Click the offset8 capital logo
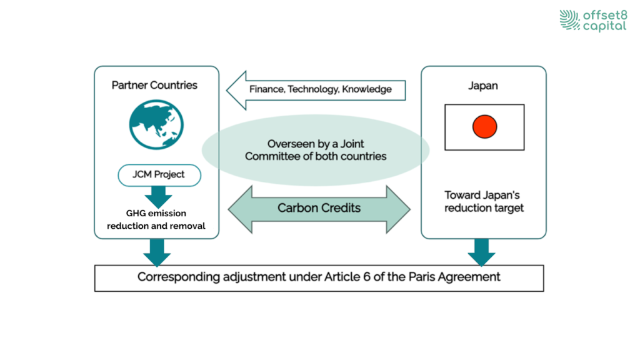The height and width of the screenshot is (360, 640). tap(592, 20)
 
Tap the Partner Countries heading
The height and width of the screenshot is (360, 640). tap(154, 85)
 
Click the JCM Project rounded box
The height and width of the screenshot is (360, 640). tap(159, 175)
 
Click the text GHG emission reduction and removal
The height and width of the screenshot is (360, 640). tap(156, 219)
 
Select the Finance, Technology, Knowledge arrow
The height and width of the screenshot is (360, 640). tap(316, 89)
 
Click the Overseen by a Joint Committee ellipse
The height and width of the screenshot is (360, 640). tap(316, 150)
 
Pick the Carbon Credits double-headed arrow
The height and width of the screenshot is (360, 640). tap(319, 208)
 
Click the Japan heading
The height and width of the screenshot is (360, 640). tap(483, 86)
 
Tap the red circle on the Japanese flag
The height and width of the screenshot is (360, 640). tap(484, 127)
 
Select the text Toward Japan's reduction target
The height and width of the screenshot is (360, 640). tap(482, 201)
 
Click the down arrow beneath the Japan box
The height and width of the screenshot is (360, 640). tap(482, 252)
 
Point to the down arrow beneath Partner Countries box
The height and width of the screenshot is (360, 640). tap(157, 252)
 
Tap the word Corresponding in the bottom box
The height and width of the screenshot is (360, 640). tap(179, 277)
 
